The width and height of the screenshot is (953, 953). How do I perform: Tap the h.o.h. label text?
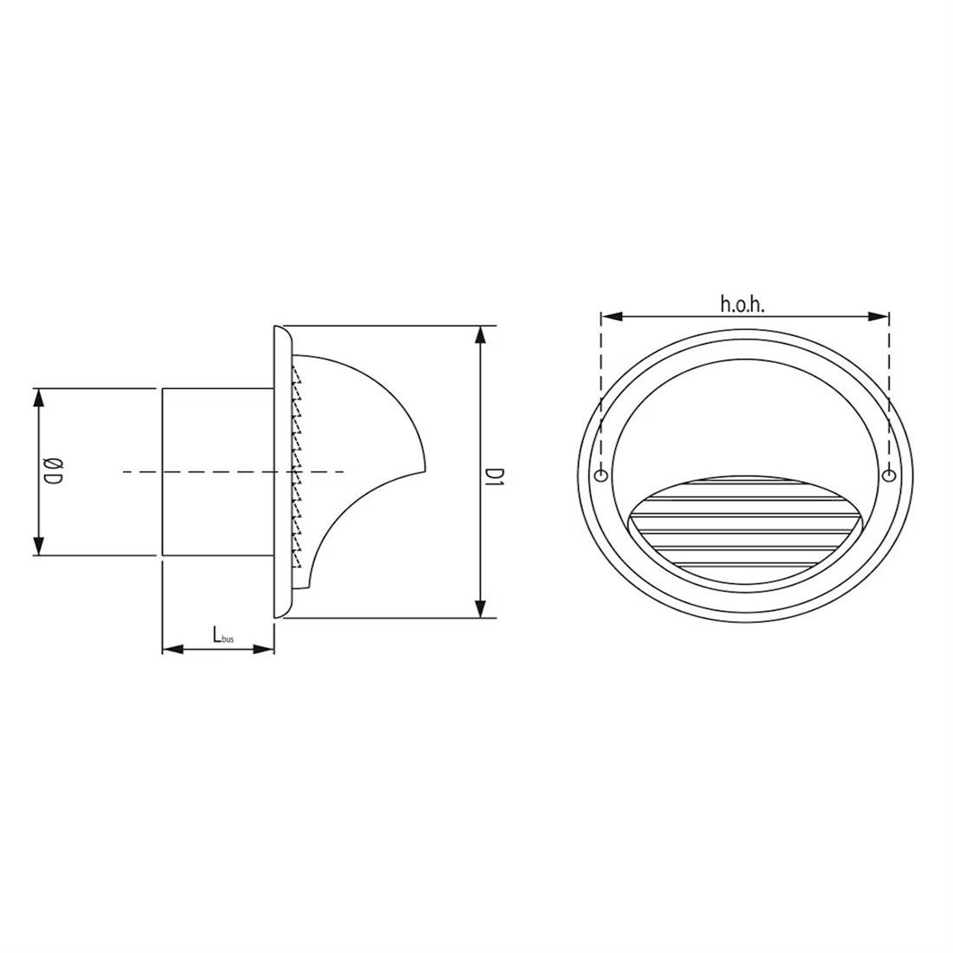coord(742,303)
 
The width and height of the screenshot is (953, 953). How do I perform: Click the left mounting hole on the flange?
coord(600,476)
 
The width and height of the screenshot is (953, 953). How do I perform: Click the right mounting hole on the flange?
coord(887,476)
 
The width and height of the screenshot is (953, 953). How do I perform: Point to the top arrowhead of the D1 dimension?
coord(480,334)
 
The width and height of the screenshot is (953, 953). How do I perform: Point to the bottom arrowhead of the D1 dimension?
coord(480,610)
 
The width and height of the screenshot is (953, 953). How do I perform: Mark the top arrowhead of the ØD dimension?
coord(37,397)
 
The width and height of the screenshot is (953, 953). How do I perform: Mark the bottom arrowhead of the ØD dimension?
coord(37,548)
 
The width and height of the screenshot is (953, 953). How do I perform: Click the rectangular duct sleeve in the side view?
coord(217,472)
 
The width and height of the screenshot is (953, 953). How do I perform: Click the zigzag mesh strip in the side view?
coord(297,472)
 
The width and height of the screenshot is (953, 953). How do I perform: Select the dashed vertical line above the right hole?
coord(887,390)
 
